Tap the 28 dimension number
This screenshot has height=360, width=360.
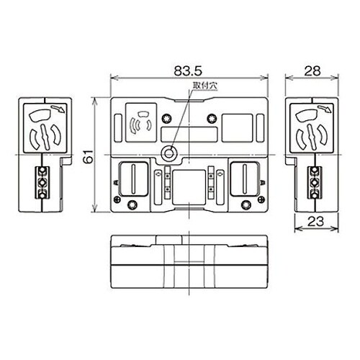coord(311,70)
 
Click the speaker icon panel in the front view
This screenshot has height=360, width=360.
coord(140,122)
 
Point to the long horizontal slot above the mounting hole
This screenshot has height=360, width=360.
coord(189,134)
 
